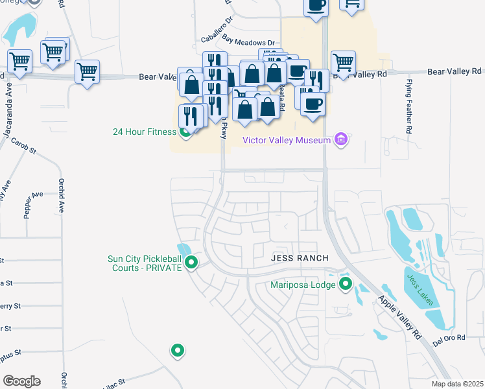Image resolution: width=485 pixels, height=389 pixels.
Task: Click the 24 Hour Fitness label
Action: tap(144, 132)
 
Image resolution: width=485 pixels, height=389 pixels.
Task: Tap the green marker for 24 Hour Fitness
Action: tap(185, 133)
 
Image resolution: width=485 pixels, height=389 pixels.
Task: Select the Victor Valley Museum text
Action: tap(286, 139)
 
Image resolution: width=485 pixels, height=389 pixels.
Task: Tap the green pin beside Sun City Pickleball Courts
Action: tap(191, 263)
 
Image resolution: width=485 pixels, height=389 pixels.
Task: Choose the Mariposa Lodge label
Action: tap(304, 284)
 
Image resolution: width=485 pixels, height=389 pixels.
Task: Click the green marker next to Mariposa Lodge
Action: tap(346, 283)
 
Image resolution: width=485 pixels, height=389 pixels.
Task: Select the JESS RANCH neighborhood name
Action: tap(300, 258)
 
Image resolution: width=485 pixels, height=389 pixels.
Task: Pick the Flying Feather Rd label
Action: tap(409, 106)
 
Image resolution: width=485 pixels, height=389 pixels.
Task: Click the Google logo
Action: tap(22, 381)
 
